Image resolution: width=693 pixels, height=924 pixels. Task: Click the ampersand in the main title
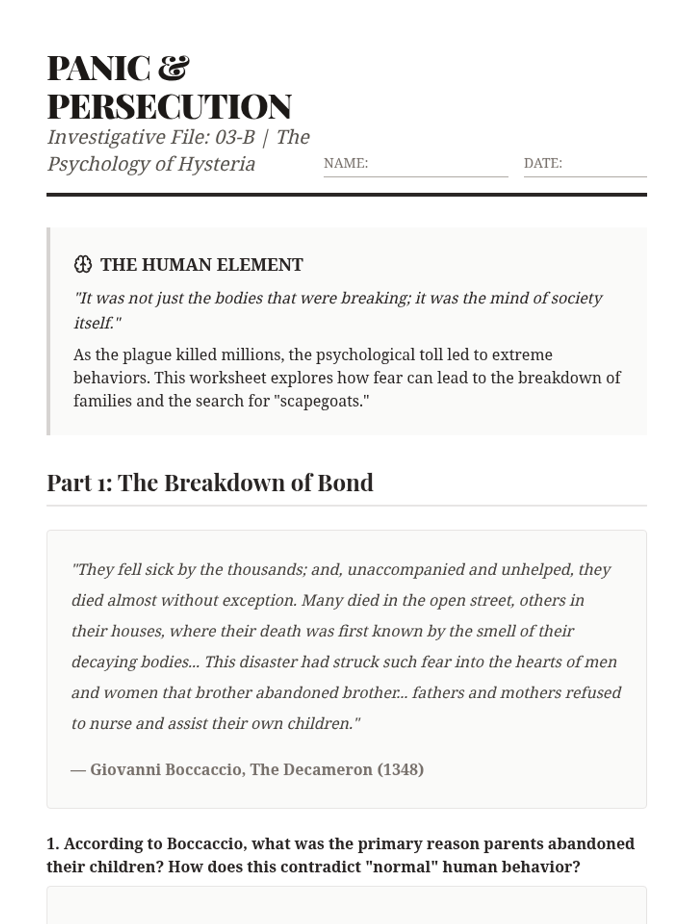(173, 68)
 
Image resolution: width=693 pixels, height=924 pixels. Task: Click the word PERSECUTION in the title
(169, 107)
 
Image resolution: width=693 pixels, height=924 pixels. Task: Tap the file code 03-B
(235, 137)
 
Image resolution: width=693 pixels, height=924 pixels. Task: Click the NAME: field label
(345, 163)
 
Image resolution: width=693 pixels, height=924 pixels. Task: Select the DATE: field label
(542, 163)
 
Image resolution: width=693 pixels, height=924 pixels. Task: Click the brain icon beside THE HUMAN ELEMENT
(83, 264)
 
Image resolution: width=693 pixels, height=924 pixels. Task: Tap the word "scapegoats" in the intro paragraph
(324, 401)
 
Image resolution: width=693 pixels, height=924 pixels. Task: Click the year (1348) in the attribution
(400, 770)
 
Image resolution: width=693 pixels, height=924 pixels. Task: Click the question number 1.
(53, 844)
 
